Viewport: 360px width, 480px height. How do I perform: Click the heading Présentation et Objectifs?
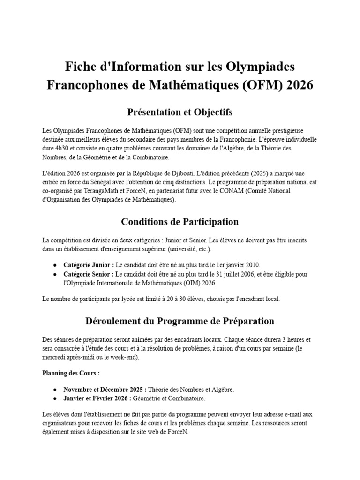tap(180, 112)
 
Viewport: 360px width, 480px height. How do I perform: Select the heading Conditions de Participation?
tap(180, 221)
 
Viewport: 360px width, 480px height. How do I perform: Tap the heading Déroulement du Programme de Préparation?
tap(180, 321)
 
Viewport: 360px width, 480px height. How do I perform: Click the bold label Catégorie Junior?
tap(88, 265)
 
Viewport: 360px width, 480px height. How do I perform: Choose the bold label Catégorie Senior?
tap(88, 274)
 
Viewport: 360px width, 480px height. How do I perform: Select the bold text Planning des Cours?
tap(71, 374)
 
